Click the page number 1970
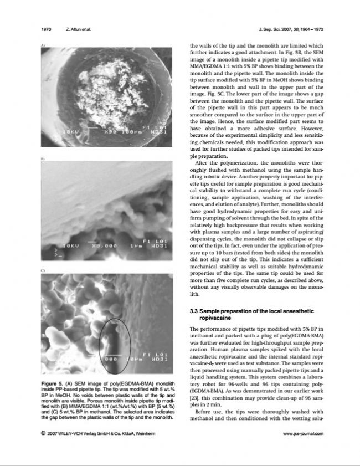[x=46, y=29]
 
